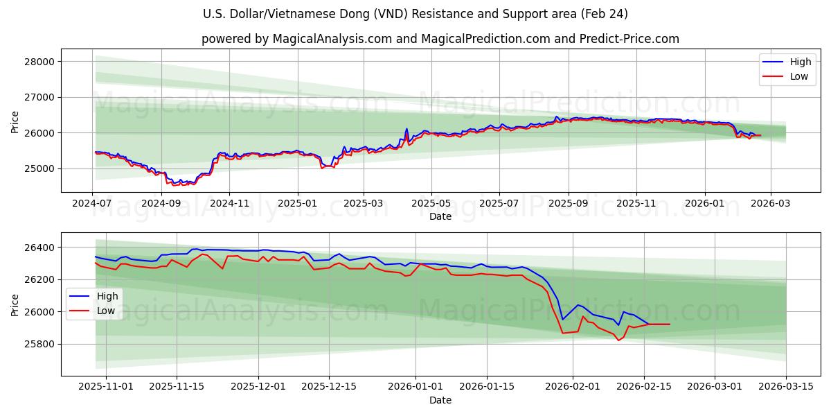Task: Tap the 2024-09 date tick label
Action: (161, 204)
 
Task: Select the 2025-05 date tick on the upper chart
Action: (431, 204)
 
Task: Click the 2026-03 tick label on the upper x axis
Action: (770, 204)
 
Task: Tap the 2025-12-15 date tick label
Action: (330, 387)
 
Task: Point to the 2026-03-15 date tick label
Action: (786, 387)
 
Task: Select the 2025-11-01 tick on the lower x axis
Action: (106, 387)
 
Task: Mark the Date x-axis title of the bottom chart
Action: (440, 400)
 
